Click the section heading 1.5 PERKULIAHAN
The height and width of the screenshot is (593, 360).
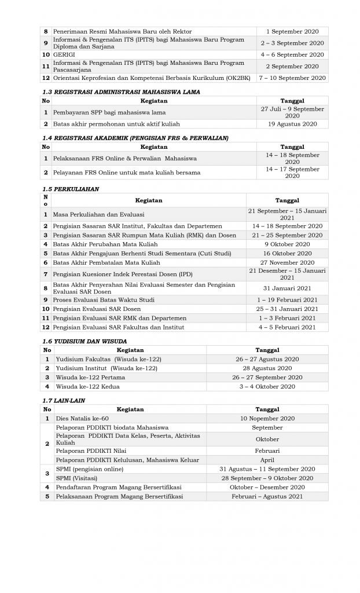point(71,189)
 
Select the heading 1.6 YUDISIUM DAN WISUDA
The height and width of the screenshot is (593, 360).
point(85,341)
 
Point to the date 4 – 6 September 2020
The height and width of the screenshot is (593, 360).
point(292,54)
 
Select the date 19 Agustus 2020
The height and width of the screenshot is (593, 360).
point(292,124)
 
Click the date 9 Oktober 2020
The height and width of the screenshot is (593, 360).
point(287,244)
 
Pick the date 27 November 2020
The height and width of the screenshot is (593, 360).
point(287,262)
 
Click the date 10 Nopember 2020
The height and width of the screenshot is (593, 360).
point(267,418)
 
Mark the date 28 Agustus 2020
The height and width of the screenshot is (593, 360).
point(267,368)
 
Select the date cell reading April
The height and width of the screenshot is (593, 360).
point(267,460)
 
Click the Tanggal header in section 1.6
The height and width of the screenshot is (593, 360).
point(267,350)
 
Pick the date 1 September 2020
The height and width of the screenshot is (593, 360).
point(292,31)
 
